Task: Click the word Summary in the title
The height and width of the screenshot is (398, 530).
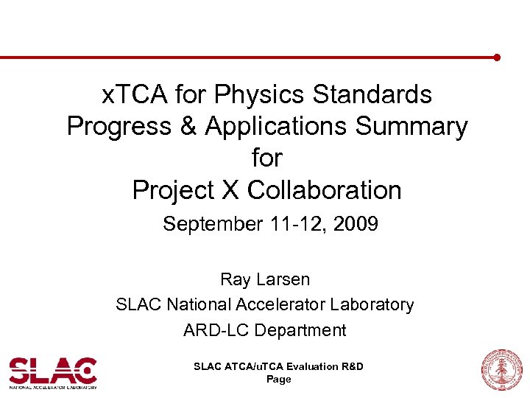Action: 411,126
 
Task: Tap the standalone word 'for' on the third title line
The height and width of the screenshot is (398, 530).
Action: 266,158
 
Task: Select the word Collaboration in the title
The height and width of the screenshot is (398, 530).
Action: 324,190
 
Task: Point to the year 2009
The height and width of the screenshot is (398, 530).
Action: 354,223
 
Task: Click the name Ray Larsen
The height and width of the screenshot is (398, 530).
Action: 265,279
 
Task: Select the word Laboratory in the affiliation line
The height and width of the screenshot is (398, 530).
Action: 373,304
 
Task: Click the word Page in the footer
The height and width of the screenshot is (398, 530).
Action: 278,379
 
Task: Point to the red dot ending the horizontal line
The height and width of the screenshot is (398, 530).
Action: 497,57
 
